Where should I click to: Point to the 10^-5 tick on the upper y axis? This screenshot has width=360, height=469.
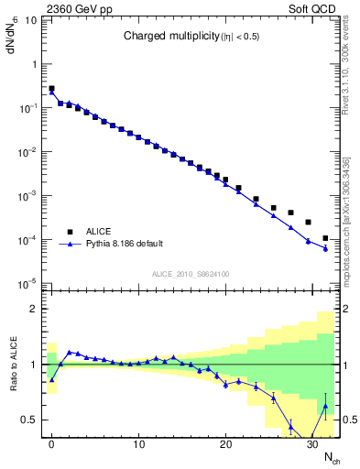coord(27,283)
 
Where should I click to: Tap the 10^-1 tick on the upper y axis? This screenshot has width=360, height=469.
coord(27,108)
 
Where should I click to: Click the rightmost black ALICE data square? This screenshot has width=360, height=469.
coord(325,238)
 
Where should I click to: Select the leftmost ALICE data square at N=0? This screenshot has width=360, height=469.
coord(51,89)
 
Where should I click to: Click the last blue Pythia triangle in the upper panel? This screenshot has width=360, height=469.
coord(325,248)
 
